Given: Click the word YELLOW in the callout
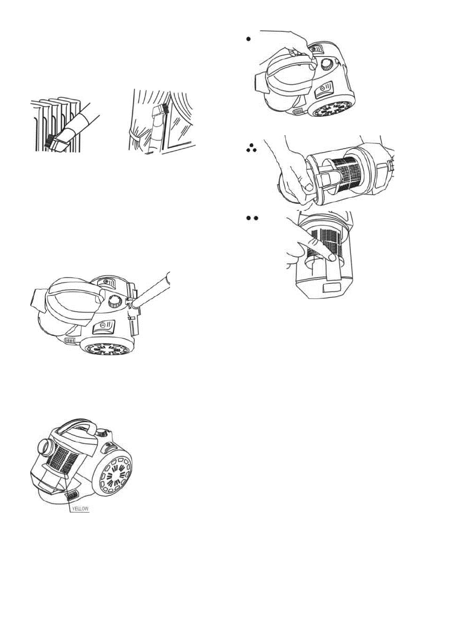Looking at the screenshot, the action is (x=80, y=508).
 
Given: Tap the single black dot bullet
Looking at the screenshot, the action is (x=248, y=38).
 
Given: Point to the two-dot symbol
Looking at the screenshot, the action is (x=251, y=218).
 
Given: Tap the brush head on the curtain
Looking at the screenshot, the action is (x=159, y=110).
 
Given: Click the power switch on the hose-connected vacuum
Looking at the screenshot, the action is (x=103, y=327).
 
